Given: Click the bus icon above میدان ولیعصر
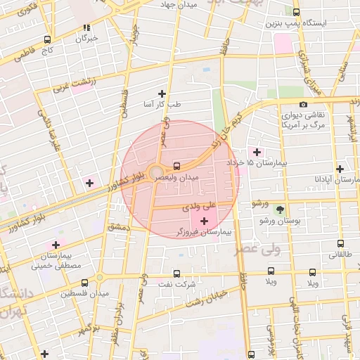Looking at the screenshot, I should point(176,166).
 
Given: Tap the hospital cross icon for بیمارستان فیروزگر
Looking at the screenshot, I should point(204,221).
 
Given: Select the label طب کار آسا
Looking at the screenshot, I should point(162,104).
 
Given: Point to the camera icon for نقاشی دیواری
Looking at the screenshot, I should point(302,105).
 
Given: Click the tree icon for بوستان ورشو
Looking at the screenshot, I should point(281,210).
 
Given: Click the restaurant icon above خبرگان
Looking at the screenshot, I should point(86,28).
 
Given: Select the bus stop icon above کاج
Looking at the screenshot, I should point(47,40).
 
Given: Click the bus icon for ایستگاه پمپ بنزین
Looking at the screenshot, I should point(296,12).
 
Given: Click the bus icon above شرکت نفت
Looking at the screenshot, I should point(176,274).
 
